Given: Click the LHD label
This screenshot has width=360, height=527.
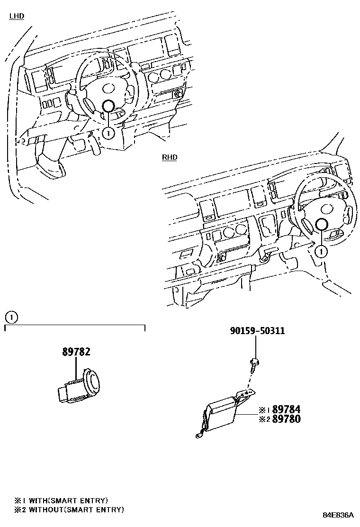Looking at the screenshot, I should click(17, 16).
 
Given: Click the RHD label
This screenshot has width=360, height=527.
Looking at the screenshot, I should click(170, 157).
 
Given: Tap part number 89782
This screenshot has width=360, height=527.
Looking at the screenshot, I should click(76, 352).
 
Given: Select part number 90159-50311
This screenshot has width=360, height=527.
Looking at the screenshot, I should click(257, 331).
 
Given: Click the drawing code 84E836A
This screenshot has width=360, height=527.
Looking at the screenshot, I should click(338, 515).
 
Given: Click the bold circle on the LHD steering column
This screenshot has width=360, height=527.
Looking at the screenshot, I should click(108, 107).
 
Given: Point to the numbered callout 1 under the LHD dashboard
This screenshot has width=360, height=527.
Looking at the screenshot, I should click(108, 133).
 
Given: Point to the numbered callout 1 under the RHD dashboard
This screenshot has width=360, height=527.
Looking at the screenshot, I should click(321, 251).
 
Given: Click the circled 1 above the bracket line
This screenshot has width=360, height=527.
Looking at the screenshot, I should click(11, 317).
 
